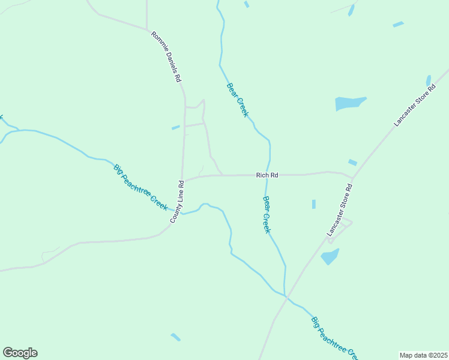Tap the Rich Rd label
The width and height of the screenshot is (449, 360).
tap(267, 175)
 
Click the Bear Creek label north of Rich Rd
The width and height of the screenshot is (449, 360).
tap(237, 100)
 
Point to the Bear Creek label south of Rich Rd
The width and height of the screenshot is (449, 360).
tap(268, 215)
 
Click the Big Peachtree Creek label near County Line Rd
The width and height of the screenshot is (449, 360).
tap(140, 186)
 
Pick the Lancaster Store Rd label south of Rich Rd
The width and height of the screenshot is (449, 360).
tap(339, 210)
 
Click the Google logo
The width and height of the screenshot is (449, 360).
tap(20, 353)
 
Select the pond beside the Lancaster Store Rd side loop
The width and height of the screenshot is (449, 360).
tap(330, 257)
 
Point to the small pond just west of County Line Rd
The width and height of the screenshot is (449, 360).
tap(175, 127)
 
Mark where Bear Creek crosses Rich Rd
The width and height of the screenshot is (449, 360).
tap(267, 175)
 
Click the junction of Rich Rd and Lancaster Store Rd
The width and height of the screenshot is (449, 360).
tap(353, 178)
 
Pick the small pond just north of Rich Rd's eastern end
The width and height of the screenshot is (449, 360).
tap(352, 162)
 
